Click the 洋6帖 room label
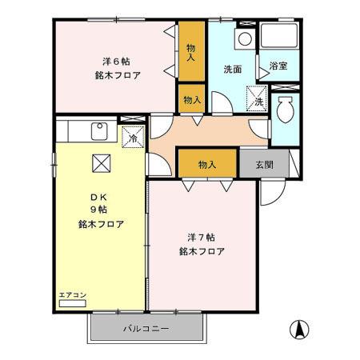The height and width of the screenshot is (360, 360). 116,62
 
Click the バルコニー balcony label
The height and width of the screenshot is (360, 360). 146,329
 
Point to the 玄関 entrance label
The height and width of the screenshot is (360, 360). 265,164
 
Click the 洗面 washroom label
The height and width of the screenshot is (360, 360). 233,69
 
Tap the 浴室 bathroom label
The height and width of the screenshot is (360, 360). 278,67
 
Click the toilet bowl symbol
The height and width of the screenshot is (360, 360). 283,110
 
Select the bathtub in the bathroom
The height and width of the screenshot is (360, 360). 278,38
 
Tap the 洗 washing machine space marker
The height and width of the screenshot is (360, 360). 258,100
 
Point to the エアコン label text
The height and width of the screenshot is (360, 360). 71,295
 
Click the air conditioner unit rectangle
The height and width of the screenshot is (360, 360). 72,304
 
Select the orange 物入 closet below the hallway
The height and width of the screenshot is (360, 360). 206,164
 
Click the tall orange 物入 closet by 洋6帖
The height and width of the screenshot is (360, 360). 190,53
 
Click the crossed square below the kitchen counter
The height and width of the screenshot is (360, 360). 101,163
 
